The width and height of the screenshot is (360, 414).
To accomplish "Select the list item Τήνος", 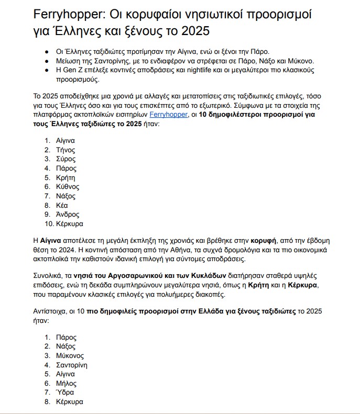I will (x=66, y=150).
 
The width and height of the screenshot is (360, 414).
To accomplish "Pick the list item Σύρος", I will (x=66, y=159).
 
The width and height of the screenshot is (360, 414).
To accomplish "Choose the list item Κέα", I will (x=62, y=205).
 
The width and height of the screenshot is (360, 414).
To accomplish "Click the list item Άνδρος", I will (x=67, y=215).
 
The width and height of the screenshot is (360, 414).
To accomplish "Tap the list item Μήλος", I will (x=66, y=383).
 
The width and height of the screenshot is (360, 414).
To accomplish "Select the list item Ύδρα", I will (x=65, y=393).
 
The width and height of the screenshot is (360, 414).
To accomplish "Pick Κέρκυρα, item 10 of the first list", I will (x=69, y=223).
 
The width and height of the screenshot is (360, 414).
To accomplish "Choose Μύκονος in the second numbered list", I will (x=69, y=355).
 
